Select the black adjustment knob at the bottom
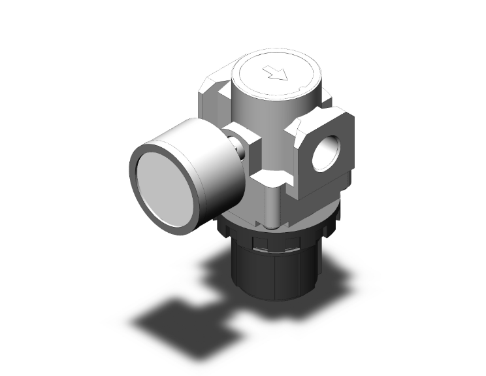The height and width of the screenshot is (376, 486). click(x=268, y=275)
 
